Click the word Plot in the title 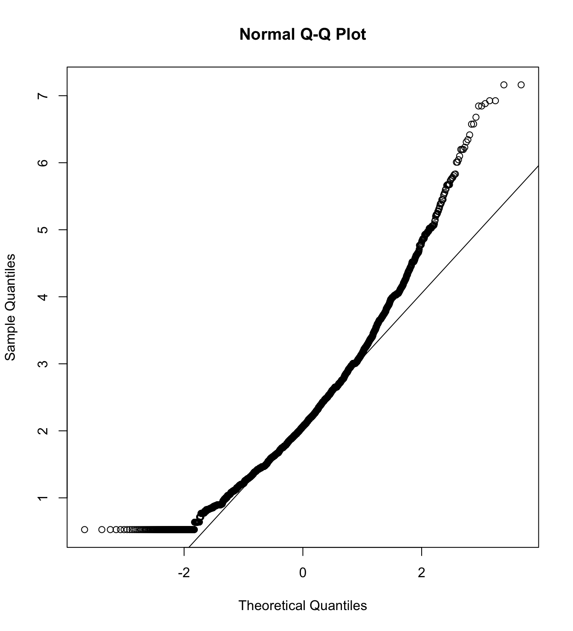(x=351, y=34)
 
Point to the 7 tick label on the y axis (x=42, y=96)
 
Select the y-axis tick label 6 (x=42, y=163)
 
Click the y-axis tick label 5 (x=42, y=230)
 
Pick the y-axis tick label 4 (x=42, y=297)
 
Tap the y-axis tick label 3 (x=42, y=364)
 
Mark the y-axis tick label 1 (x=42, y=498)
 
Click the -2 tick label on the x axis (x=184, y=573)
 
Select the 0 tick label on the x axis (x=303, y=573)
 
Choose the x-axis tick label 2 (x=422, y=573)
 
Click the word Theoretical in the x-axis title (x=272, y=605)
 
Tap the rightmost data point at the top (x=521, y=85)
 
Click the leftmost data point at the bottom (x=84, y=529)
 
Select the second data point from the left (x=102, y=529)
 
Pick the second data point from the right (x=504, y=85)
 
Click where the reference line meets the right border (x=538, y=166)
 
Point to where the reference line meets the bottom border (x=189, y=547)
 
